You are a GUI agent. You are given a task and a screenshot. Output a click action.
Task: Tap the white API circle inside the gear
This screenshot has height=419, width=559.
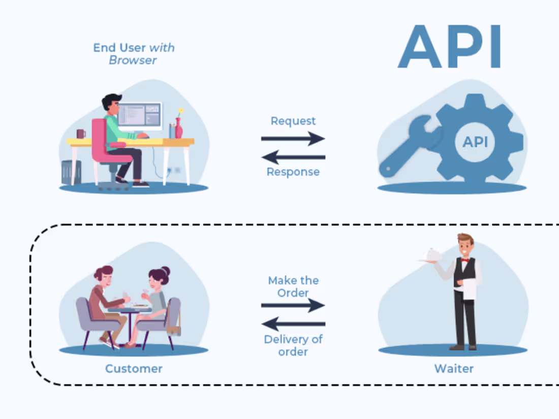pyautogui.click(x=475, y=142)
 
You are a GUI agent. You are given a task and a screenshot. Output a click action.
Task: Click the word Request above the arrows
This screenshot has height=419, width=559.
pyautogui.click(x=293, y=121)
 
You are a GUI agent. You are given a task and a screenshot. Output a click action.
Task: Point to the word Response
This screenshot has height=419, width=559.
pyautogui.click(x=293, y=172)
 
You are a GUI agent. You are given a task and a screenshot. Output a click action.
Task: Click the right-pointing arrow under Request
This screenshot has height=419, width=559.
pyautogui.click(x=293, y=138)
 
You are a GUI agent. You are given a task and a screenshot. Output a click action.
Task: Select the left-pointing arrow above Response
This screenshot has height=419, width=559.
pyautogui.click(x=293, y=156)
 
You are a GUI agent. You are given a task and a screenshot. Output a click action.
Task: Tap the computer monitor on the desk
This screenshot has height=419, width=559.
pyautogui.click(x=140, y=115)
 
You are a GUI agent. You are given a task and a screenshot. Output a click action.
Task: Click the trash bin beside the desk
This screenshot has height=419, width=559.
pyautogui.click(x=71, y=172)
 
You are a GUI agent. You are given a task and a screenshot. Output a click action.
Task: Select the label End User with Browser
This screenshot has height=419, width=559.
pyautogui.click(x=133, y=53)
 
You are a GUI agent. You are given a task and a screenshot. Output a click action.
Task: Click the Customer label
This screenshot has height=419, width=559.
pyautogui.click(x=134, y=369)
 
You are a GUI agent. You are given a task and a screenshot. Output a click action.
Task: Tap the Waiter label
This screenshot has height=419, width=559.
pyautogui.click(x=454, y=369)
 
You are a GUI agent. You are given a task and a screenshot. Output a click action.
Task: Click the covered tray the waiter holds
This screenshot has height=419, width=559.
pyautogui.click(x=431, y=255)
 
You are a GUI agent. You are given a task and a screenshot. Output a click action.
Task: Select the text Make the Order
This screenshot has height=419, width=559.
pyautogui.click(x=293, y=286)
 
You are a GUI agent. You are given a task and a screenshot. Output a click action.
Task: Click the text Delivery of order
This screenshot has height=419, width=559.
pyautogui.click(x=293, y=345)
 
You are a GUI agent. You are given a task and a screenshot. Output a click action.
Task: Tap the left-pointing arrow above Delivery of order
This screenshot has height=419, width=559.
pyautogui.click(x=293, y=323)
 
